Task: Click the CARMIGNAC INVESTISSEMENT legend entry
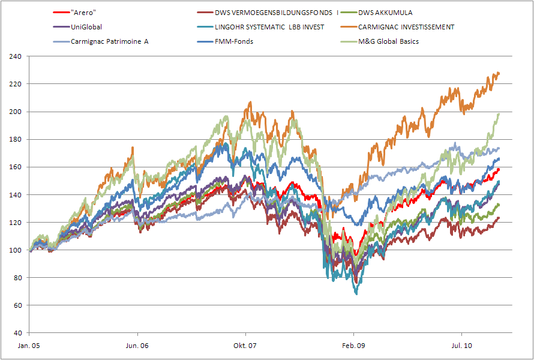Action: [406, 27]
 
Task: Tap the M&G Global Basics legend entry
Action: [388, 42]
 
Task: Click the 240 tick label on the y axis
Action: [16, 57]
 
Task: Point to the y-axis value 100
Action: [16, 250]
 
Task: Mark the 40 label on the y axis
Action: [17, 333]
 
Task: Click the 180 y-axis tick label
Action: [16, 140]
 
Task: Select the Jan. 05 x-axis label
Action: [29, 346]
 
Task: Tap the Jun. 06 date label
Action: [137, 346]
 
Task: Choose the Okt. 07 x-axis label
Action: [245, 346]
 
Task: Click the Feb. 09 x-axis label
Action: [353, 346]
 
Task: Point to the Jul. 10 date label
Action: [461, 346]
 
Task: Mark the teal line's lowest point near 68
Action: [356, 293]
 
